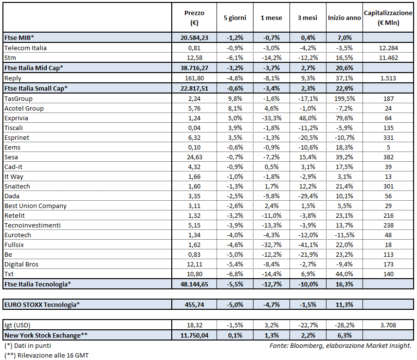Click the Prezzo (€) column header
[x=195, y=17]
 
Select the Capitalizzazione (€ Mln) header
[x=388, y=17]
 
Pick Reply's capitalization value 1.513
[x=388, y=78]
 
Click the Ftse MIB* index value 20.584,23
[x=195, y=38]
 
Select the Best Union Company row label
[x=36, y=206]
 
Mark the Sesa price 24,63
[x=195, y=157]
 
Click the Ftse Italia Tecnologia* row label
[x=37, y=284]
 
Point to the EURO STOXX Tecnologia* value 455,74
[x=195, y=304]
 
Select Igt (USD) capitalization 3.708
[x=388, y=324]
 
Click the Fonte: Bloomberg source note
[x=340, y=345]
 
